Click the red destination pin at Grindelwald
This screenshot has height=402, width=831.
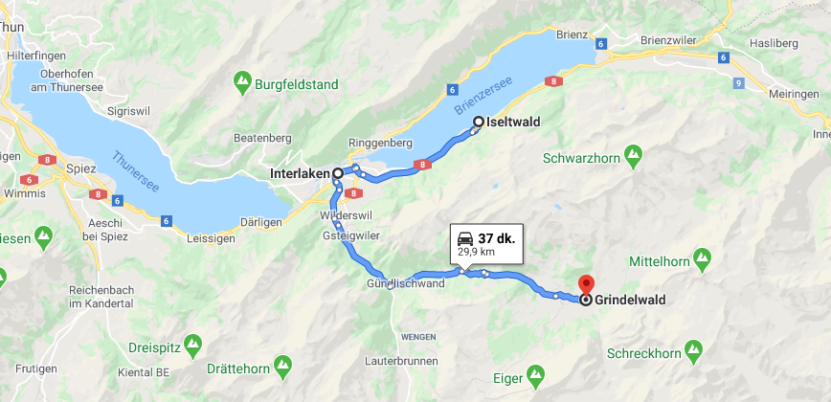(586, 284)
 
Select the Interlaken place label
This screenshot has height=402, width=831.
(300, 173)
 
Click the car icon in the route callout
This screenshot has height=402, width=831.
(464, 237)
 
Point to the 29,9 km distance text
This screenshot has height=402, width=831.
(476, 252)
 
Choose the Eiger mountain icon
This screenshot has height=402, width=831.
(536, 373)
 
